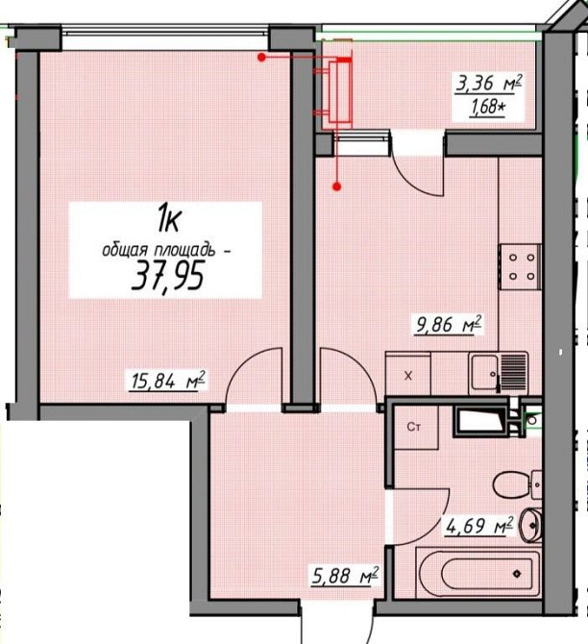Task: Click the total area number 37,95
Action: (167, 277)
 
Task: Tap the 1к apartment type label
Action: (169, 219)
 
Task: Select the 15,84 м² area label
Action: (167, 381)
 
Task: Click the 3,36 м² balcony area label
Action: (489, 84)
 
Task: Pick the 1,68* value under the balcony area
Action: (487, 109)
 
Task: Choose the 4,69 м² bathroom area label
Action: (478, 526)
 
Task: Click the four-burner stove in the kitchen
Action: (520, 267)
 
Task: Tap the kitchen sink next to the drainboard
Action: (484, 373)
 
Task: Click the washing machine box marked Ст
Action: (415, 428)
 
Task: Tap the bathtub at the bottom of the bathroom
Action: (478, 573)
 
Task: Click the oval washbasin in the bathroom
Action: (531, 525)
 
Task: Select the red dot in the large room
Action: (261, 58)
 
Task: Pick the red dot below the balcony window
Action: (336, 186)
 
